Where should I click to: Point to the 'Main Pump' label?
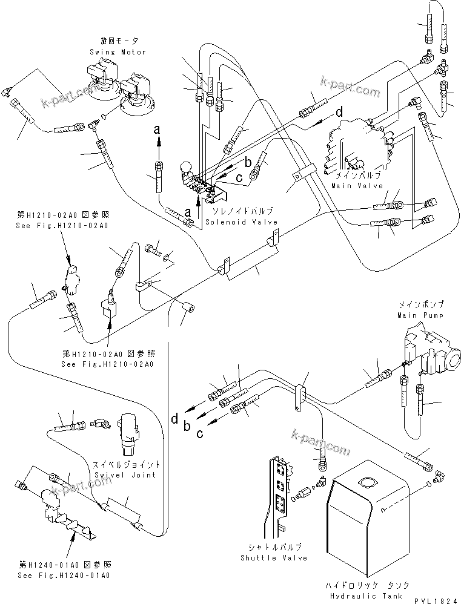pos(420,315)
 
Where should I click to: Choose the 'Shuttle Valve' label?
pos(274,557)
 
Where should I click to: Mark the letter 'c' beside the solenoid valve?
pos(239,177)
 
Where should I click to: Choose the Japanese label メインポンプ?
pos(420,304)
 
